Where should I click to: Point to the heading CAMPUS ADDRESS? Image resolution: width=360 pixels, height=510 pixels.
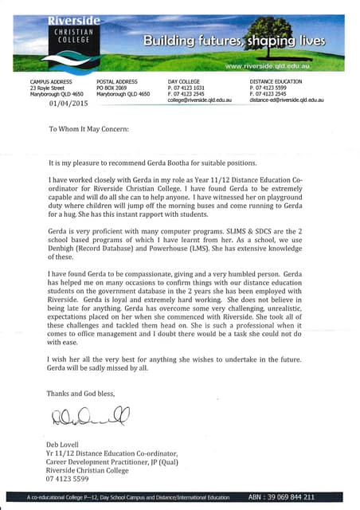pos(52,81)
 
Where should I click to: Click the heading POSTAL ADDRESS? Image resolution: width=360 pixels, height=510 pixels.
pos(117,81)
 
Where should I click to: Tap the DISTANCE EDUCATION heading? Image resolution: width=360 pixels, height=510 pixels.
pos(276,81)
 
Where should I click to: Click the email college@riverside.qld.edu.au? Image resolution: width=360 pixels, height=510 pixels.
pos(199,100)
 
